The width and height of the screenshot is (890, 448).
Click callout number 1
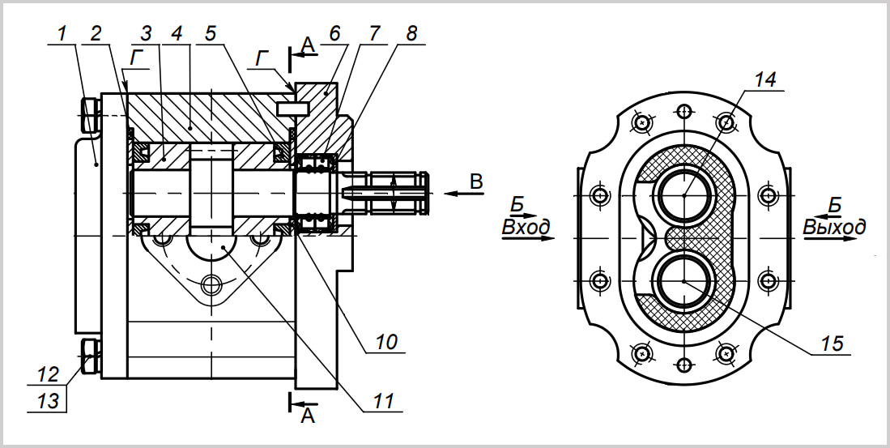coord(62,34)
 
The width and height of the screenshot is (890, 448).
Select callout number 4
coord(177,33)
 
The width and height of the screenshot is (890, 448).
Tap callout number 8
coord(411,33)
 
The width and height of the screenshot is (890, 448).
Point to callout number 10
coord(386,342)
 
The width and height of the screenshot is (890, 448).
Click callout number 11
coord(384,400)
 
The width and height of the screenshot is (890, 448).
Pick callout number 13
coord(49,401)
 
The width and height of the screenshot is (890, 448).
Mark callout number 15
coord(833,343)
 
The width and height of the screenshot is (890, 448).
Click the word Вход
coord(526,228)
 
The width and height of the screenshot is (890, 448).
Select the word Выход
coord(834,227)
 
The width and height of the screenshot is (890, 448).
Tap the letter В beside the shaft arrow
coord(476,181)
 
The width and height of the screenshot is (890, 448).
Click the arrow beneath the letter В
coord(464,194)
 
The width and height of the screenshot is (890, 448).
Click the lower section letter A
coord(307,416)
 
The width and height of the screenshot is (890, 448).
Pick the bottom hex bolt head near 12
coord(91,356)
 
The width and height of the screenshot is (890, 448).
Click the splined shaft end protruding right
coord(385,194)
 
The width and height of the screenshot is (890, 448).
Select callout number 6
coord(334,33)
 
